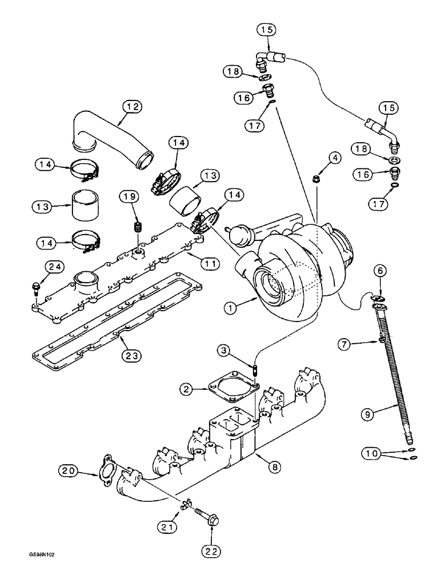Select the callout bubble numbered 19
129,196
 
